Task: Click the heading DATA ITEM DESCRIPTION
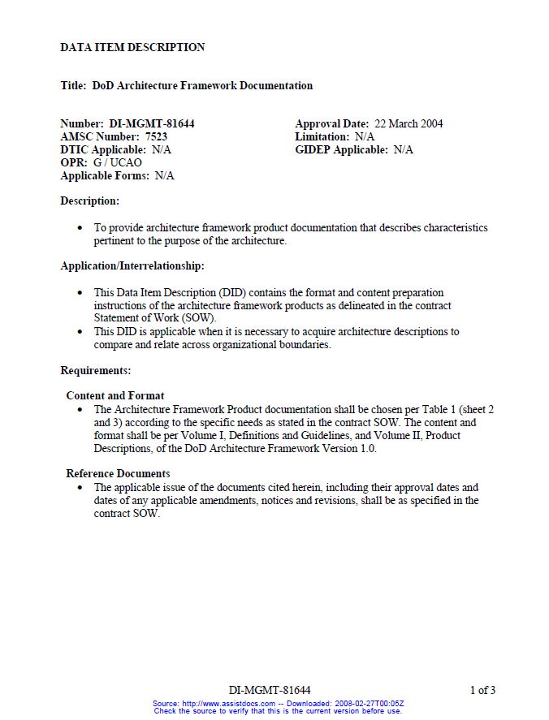tap(132, 47)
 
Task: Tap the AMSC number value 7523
tap(156, 136)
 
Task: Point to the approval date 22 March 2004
tap(409, 123)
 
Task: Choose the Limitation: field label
tap(322, 136)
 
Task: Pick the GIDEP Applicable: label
tap(341, 149)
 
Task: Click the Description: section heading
tap(89, 200)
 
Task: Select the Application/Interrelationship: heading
tap(132, 265)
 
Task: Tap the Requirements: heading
tap(95, 370)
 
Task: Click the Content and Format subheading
tap(115, 395)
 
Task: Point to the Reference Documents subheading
tap(118, 473)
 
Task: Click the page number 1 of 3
tap(482, 690)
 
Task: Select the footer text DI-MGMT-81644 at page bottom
tap(270, 690)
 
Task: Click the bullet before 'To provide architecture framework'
tap(80, 228)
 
